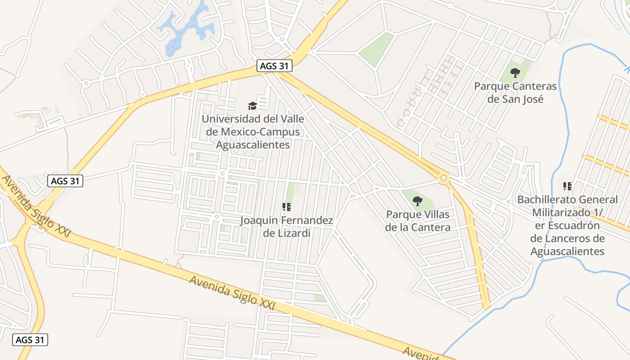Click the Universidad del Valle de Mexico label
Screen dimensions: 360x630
tap(253, 132)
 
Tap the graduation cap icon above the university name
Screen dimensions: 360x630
tap(252, 106)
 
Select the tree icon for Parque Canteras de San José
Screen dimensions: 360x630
tap(515, 72)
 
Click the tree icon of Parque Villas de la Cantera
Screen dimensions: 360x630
tap(418, 201)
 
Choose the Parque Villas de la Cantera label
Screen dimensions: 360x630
tap(418, 221)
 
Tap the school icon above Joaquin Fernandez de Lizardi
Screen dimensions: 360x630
tap(287, 207)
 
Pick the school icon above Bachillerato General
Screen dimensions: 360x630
tap(567, 186)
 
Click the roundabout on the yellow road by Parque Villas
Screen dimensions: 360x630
tap(444, 178)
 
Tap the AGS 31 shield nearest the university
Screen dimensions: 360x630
tap(274, 66)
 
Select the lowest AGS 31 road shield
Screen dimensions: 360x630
tap(30, 340)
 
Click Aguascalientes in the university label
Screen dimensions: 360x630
tap(253, 145)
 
